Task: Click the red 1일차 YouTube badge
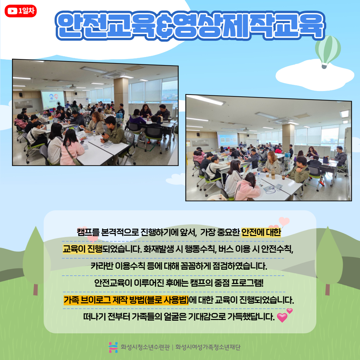pyautogui.click(x=21, y=11)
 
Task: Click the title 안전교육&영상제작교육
pyautogui.click(x=190, y=26)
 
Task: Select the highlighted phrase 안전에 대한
pyautogui.click(x=261, y=232)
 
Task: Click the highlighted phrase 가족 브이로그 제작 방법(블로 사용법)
pyautogui.click(x=126, y=300)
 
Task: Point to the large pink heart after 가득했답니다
pyautogui.click(x=282, y=318)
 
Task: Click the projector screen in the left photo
pyautogui.click(x=53, y=100)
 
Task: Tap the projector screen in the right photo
pyautogui.click(x=227, y=139)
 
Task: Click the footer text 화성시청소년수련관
pyautogui.click(x=145, y=347)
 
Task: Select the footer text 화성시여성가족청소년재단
pyautogui.click(x=208, y=347)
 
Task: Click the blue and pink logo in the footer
pyautogui.click(x=113, y=347)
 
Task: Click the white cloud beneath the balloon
pyautogui.click(x=315, y=75)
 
